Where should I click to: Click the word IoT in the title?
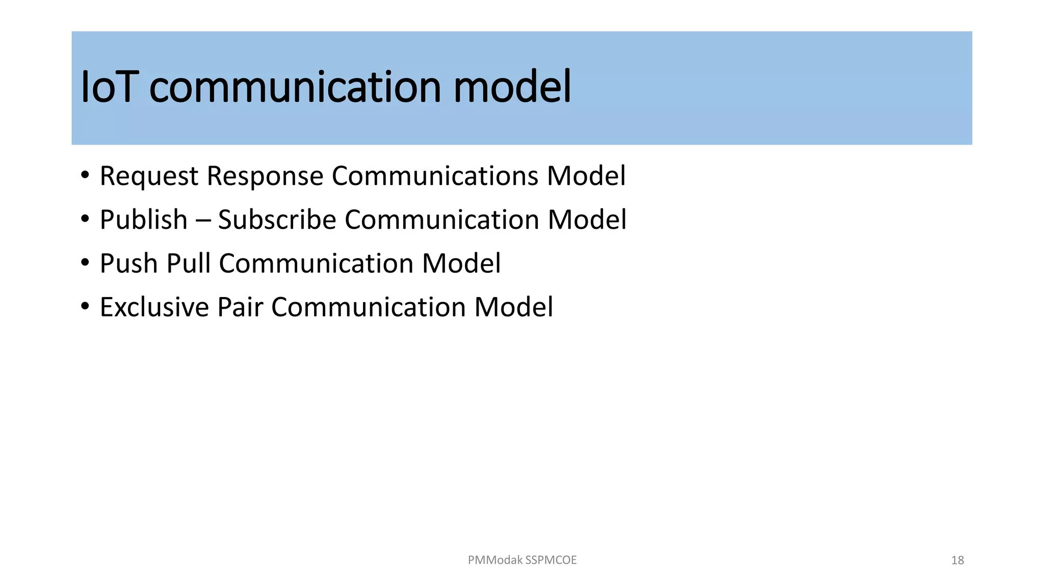coord(108,88)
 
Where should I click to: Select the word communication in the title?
coord(295,88)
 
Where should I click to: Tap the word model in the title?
coord(512,88)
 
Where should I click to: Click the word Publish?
coord(144,220)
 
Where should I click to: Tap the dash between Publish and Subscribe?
coord(203,221)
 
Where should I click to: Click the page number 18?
coord(957,561)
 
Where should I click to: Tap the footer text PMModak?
coord(495,560)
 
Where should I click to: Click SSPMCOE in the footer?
coord(551,560)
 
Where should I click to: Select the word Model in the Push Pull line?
coord(461,263)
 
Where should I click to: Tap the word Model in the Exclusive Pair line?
coord(513,307)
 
